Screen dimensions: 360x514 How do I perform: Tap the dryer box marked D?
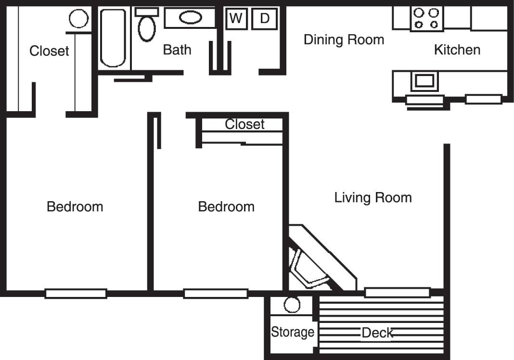pyautogui.click(x=264, y=19)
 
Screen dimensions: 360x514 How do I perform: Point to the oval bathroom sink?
pyautogui.click(x=191, y=18)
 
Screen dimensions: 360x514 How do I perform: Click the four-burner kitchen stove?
pyautogui.click(x=427, y=19)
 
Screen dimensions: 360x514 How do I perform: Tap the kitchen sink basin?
pyautogui.click(x=424, y=81)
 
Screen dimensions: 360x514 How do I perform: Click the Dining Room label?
pyautogui.click(x=344, y=39)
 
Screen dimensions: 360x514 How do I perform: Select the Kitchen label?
pyautogui.click(x=457, y=50)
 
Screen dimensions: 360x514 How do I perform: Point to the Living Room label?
pyautogui.click(x=373, y=197)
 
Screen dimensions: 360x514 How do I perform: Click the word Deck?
pyautogui.click(x=377, y=333)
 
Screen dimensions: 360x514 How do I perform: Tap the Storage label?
pyautogui.click(x=293, y=332)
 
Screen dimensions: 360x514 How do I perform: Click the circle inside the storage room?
pyautogui.click(x=292, y=305)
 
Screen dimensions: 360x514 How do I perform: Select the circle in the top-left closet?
pyautogui.click(x=78, y=19)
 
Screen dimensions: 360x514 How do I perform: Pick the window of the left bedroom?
pyautogui.click(x=76, y=294)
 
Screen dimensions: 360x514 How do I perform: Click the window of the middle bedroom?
pyautogui.click(x=216, y=294)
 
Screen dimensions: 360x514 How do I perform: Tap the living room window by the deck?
pyautogui.click(x=397, y=292)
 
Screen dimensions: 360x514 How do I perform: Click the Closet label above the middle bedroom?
pyautogui.click(x=245, y=124)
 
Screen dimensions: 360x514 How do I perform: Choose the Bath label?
pyautogui.click(x=177, y=50)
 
